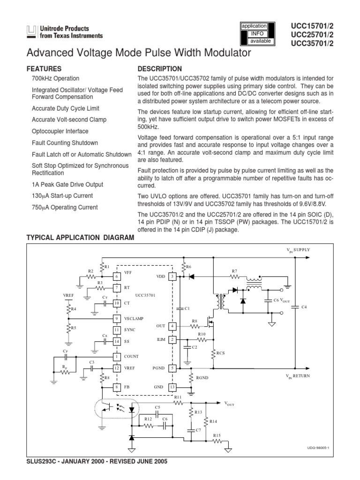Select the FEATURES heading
tap(44, 68)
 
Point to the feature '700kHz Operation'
tap(55, 79)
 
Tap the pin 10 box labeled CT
tap(117, 303)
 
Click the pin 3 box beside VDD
tap(172, 277)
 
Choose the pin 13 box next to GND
tap(172, 387)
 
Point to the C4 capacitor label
tap(304, 307)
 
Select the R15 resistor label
tap(217, 435)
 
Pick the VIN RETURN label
tap(298, 376)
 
